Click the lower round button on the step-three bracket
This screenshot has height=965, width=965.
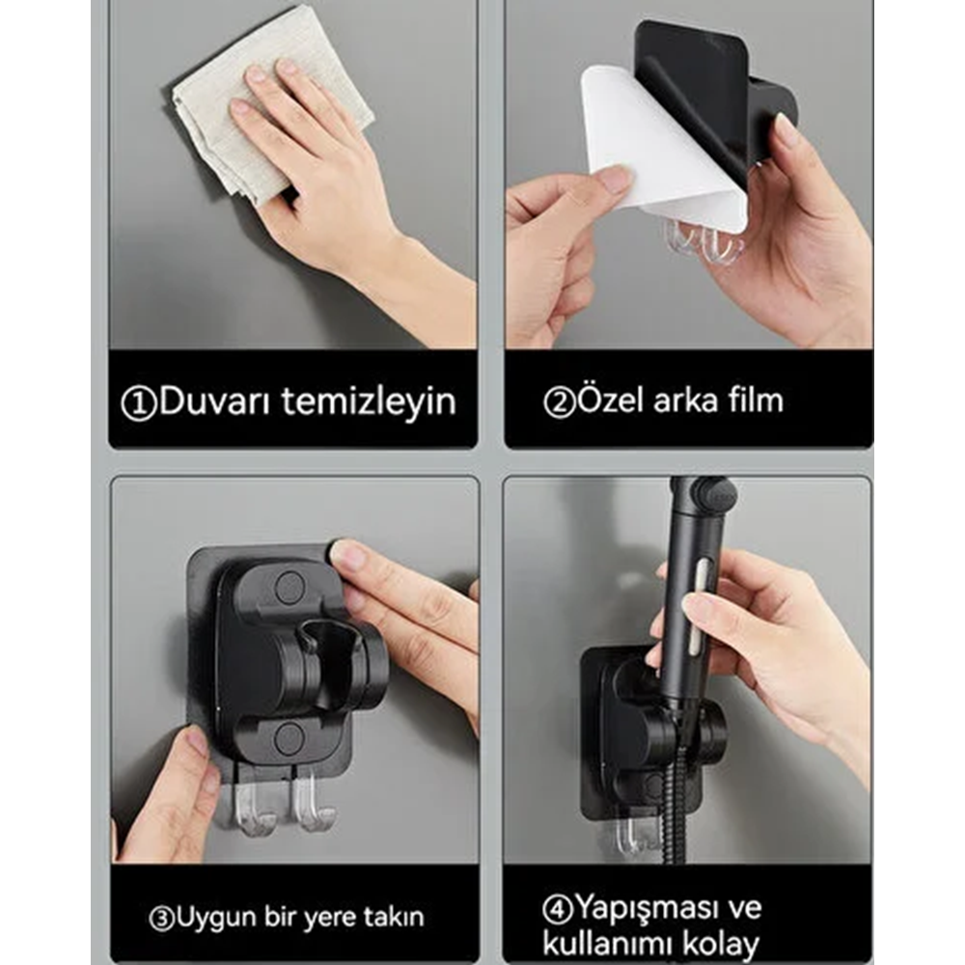[289, 738]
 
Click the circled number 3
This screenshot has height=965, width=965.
[161, 916]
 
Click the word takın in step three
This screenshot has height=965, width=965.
[394, 915]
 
